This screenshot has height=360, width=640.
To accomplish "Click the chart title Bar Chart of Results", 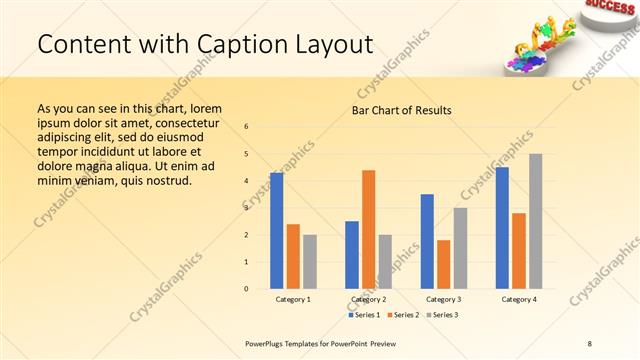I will point(401,110).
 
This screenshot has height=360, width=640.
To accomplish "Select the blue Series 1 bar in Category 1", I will point(276,230).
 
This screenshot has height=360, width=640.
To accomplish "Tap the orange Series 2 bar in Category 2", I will point(368,229).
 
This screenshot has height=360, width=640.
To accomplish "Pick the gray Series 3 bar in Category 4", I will point(535,221).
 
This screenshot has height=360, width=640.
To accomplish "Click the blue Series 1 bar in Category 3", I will point(427,241).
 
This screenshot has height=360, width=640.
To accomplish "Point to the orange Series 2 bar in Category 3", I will point(443,264).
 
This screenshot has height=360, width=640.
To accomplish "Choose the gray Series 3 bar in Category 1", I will point(309,262).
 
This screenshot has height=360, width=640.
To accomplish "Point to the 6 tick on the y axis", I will point(247,126).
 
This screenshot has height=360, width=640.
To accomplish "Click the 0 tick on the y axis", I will point(247,289).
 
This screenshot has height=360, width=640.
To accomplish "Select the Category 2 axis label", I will point(368,299).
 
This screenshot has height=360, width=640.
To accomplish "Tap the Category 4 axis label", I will point(518,299).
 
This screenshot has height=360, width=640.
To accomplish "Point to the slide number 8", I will point(590,343).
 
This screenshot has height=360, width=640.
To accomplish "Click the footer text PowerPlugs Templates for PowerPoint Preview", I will point(327,343).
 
